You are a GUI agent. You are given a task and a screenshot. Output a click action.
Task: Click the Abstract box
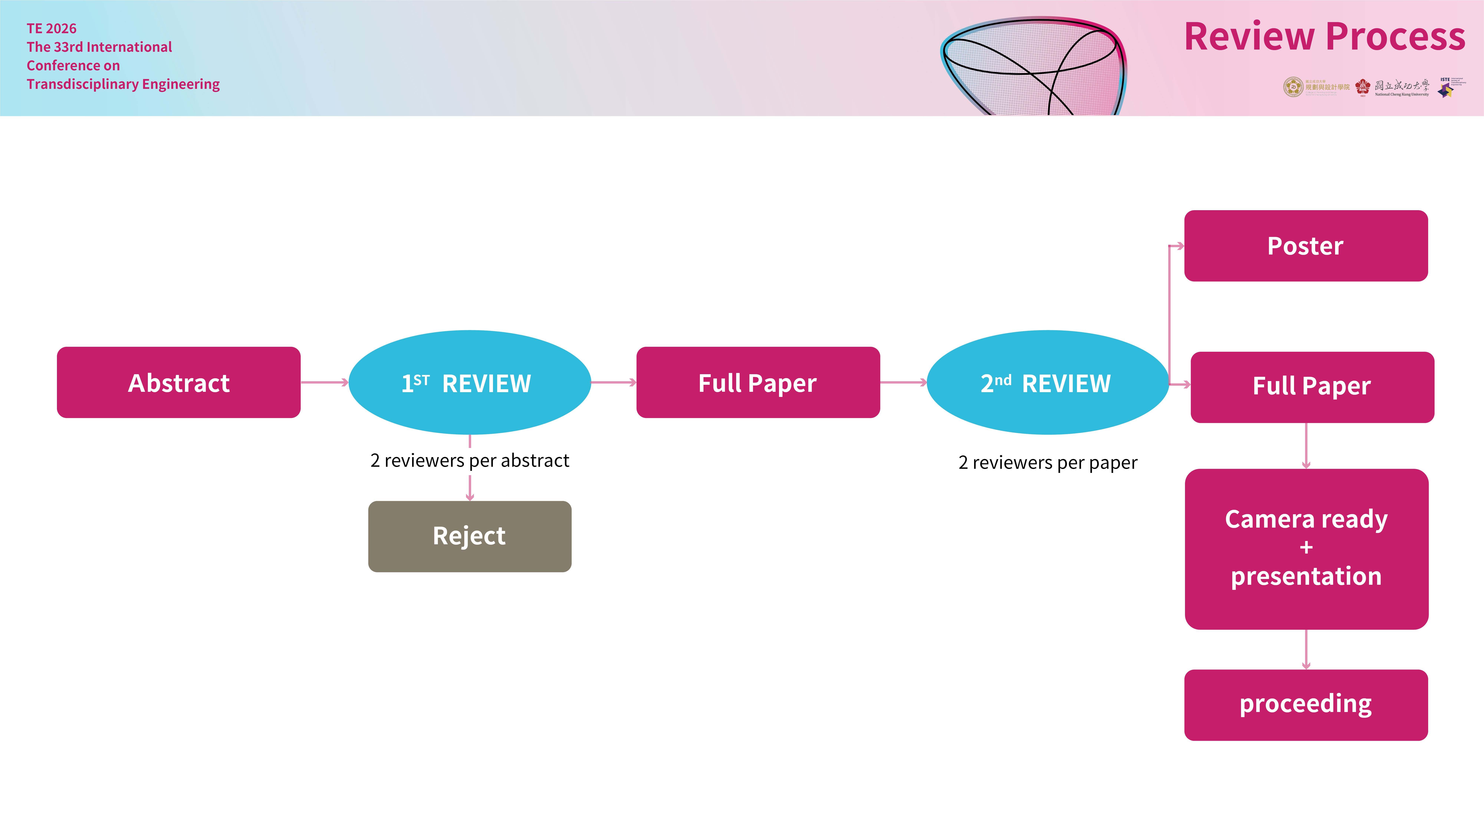(x=179, y=383)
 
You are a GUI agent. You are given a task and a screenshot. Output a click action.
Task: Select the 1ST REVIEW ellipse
(x=469, y=383)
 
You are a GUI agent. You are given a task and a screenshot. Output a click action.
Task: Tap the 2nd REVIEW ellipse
(x=1047, y=383)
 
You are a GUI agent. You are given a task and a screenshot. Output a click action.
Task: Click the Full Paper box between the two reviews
(x=757, y=383)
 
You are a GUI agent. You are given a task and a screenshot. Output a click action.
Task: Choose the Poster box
(x=1305, y=246)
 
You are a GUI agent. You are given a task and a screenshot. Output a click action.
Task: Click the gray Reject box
(x=469, y=536)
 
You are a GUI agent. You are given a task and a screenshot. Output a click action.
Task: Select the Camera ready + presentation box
(x=1306, y=549)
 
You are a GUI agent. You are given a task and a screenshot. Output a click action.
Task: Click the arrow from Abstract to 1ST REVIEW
(x=324, y=382)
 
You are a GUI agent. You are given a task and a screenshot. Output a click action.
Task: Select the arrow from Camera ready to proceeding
(x=1306, y=649)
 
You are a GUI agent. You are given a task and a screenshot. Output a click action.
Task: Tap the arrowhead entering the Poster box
(x=1179, y=246)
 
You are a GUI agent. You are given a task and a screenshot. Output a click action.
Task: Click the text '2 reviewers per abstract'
(x=469, y=460)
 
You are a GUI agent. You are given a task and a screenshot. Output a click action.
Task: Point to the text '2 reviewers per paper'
(x=1047, y=463)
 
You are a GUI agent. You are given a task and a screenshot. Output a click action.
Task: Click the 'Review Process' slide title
(x=1324, y=37)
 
